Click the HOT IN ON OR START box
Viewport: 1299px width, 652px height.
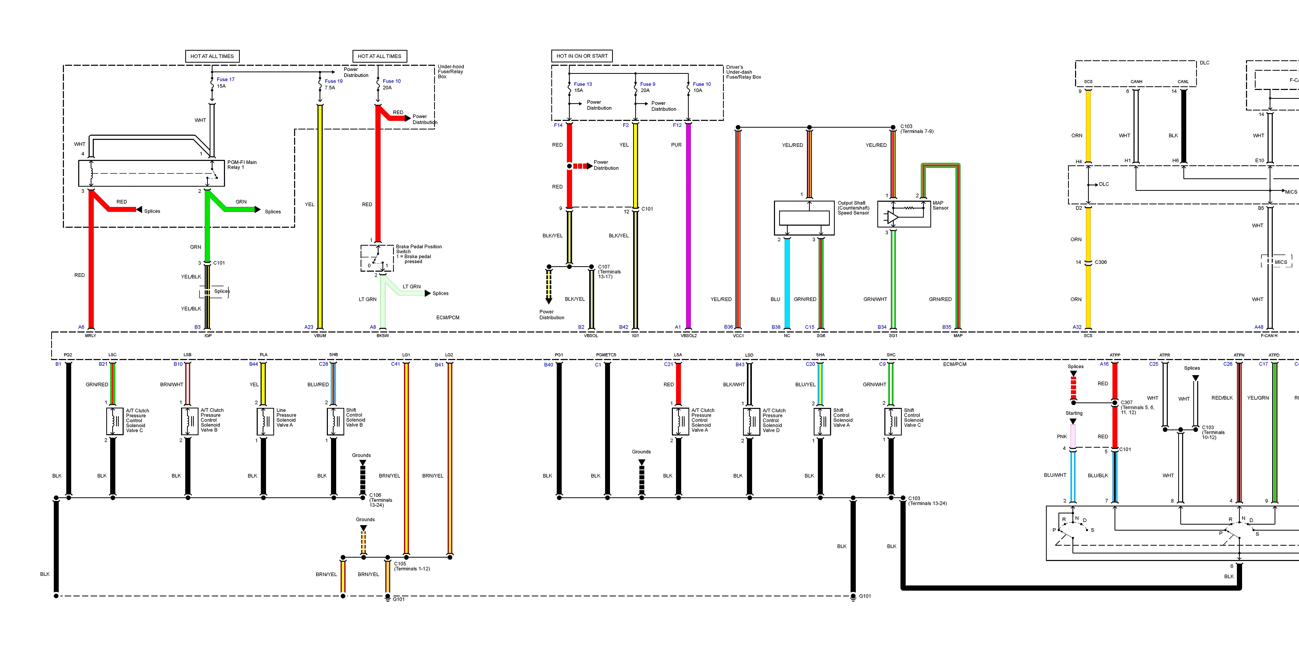pyautogui.click(x=582, y=56)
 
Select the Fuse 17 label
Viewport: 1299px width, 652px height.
pyautogui.click(x=226, y=79)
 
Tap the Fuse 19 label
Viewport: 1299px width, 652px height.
pyautogui.click(x=333, y=81)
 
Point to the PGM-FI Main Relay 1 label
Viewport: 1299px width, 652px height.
pyautogui.click(x=242, y=165)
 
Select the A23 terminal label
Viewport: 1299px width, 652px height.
pyautogui.click(x=309, y=327)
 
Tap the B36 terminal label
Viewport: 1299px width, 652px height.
pyautogui.click(x=729, y=327)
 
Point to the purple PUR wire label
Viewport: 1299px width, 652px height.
pyautogui.click(x=676, y=145)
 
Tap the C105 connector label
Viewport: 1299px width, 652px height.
pyautogui.click(x=400, y=564)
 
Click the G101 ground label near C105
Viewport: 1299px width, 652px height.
pyautogui.click(x=399, y=599)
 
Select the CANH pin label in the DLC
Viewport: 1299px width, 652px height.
pyautogui.click(x=1136, y=82)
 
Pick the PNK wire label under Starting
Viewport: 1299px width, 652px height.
pyautogui.click(x=1062, y=436)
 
